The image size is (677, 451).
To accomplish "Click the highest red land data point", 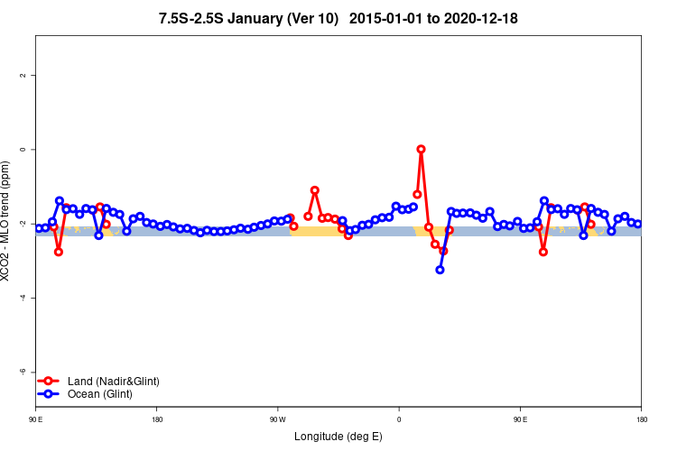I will pos(421,149).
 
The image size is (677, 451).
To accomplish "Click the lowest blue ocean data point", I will pos(440,270).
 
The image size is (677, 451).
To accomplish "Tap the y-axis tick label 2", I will pos(23,75).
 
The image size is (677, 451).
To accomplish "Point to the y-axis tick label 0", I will pos(23,149).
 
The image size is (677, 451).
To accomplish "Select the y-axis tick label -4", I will pos(23,298).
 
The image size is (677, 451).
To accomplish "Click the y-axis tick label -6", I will pos(23,372).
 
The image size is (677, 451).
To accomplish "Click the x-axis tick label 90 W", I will pos(278,420).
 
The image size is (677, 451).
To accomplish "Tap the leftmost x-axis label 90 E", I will pos(36,420).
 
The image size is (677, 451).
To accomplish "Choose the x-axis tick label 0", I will pos(399,420).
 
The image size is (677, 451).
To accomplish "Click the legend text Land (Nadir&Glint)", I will pos(113,382).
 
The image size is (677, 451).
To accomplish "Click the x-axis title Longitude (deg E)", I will pos(338,437).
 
